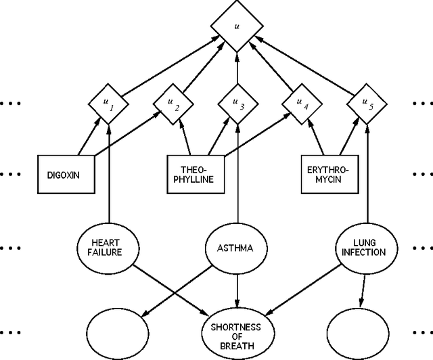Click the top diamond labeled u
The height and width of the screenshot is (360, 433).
tap(236, 28)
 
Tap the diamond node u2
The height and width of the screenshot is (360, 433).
tap(173, 104)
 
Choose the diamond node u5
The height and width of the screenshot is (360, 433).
tap(366, 104)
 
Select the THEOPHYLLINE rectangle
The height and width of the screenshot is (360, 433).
tap(194, 173)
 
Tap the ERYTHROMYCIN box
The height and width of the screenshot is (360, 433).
tap(327, 173)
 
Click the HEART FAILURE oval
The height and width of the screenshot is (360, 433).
tap(109, 247)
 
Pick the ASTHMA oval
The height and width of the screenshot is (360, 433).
tap(236, 248)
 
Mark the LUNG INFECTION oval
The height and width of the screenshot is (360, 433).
tap(369, 247)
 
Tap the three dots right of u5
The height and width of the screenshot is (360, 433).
tap(422, 104)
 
